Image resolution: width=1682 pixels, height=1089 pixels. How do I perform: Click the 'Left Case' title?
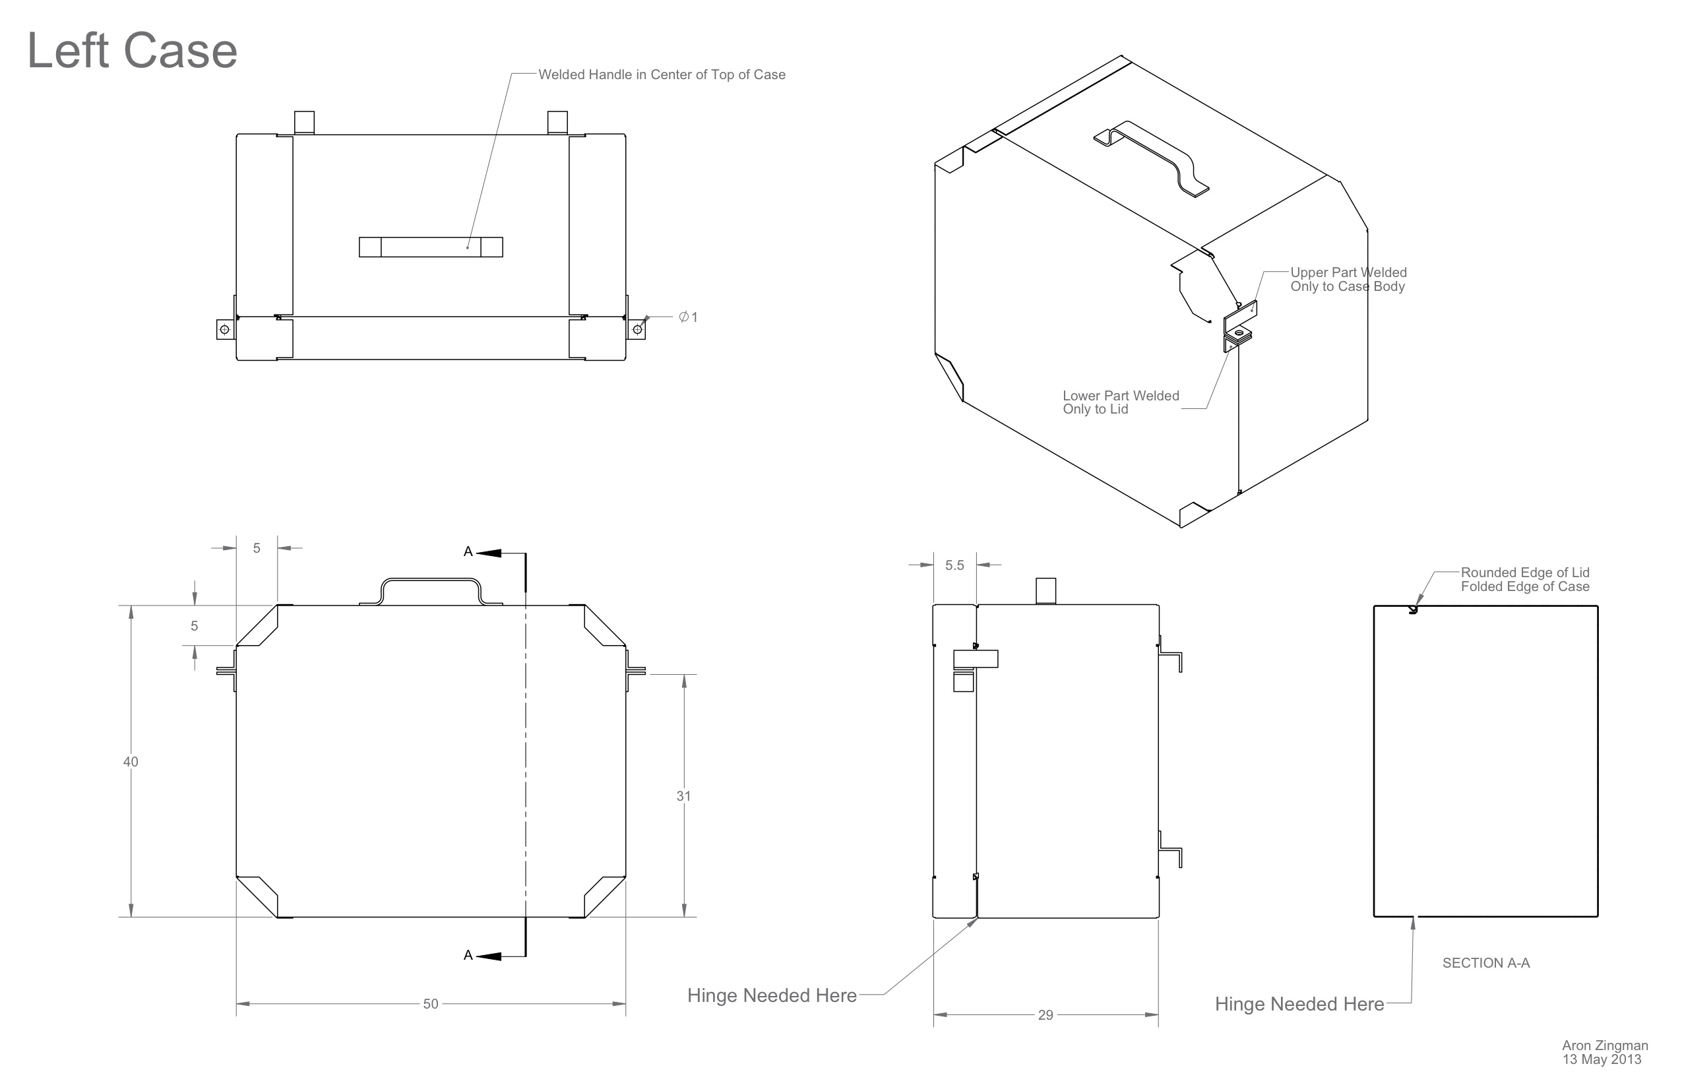coord(131,51)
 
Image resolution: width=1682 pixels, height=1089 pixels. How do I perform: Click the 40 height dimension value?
coord(131,761)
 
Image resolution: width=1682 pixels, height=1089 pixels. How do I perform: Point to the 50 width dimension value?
coord(430,1003)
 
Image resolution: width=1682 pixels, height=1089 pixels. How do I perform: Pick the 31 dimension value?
coord(683,795)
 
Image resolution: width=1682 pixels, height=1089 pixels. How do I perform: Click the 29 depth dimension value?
coord(1045,1015)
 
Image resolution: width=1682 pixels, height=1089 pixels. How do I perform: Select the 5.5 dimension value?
coord(954,565)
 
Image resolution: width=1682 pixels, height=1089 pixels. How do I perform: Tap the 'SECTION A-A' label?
coord(1485,962)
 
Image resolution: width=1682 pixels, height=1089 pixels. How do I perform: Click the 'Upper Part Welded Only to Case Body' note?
coord(1348,279)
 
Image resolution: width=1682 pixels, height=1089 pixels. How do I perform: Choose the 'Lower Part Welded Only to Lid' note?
coord(1120,402)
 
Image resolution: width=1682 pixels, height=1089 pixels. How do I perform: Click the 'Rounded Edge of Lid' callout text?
coord(1524,573)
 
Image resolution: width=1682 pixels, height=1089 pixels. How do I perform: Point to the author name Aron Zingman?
coord(1604,1045)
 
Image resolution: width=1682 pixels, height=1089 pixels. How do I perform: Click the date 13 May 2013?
coord(1602,1059)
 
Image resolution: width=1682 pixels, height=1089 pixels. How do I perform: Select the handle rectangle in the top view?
coord(430,247)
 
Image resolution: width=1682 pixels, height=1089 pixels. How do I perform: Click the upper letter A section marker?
coord(468,552)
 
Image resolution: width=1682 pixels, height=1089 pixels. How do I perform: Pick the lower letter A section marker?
coord(468,956)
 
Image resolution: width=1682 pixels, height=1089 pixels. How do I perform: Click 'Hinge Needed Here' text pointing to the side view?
coord(772,995)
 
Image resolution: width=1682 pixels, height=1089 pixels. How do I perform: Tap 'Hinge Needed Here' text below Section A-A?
coord(1299,1003)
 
